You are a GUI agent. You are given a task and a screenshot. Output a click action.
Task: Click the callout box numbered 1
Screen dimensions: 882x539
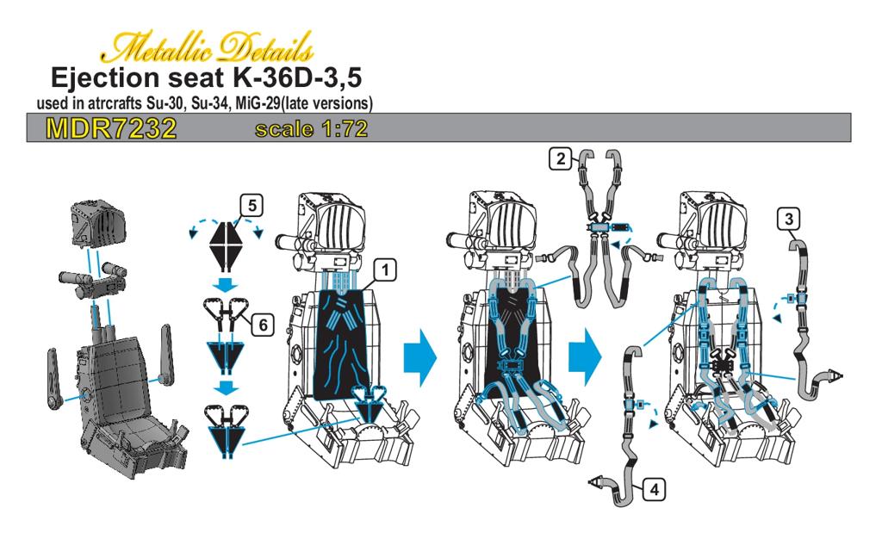[x=385, y=270]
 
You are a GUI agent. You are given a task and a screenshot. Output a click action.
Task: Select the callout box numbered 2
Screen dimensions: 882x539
[x=560, y=159]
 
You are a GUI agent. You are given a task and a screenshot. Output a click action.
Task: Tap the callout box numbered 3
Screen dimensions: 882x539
[x=789, y=220]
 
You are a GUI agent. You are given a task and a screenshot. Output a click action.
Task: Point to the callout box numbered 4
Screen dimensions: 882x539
[x=654, y=490]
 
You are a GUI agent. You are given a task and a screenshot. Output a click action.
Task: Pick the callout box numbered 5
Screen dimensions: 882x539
[x=252, y=206]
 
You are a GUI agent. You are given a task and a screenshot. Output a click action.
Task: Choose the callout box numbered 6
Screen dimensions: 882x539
[x=263, y=325]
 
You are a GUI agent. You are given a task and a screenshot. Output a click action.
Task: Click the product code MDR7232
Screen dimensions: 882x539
[x=111, y=128]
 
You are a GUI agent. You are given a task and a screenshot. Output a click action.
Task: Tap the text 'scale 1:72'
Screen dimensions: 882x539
[x=311, y=129]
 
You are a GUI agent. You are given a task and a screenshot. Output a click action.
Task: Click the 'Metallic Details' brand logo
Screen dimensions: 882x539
[x=207, y=47]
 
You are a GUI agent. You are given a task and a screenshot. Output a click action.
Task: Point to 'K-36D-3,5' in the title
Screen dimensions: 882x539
[x=296, y=78]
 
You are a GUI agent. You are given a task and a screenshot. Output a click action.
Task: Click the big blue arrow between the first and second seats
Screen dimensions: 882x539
[x=420, y=357]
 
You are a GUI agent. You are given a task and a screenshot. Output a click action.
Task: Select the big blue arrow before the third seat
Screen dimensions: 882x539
[x=585, y=357]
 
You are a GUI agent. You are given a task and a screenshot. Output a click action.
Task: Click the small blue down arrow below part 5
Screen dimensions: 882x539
[x=227, y=284]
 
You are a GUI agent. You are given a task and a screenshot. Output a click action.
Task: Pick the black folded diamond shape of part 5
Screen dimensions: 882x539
[x=225, y=246]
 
